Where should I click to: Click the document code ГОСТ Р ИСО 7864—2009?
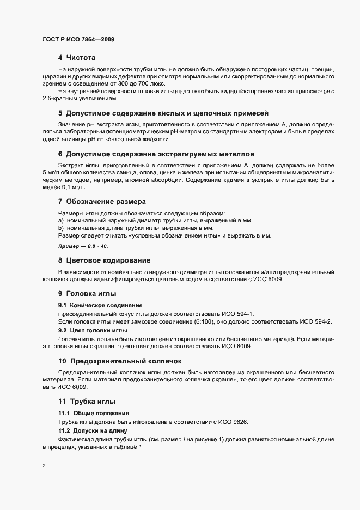(x=78, y=40)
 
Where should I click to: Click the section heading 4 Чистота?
(x=77, y=57)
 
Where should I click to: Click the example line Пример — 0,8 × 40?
(x=83, y=246)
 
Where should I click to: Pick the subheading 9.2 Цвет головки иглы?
(x=92, y=330)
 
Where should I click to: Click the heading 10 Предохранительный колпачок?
(x=120, y=361)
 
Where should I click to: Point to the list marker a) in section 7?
(x=61, y=220)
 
